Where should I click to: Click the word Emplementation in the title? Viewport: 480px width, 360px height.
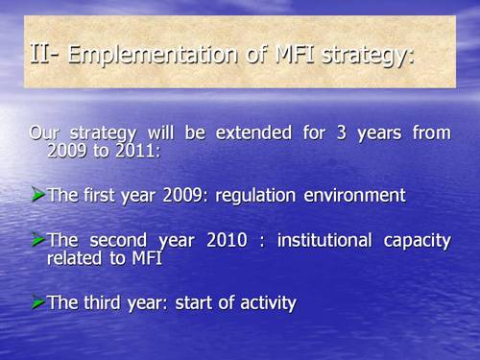point(138,57)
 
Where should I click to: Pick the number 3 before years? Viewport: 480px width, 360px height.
point(332,133)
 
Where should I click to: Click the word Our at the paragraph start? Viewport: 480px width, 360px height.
point(44,133)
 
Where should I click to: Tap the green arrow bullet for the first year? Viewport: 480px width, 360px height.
point(37,195)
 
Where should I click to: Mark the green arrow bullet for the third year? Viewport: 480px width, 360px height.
point(37,301)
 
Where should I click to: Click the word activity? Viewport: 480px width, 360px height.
point(265,303)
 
